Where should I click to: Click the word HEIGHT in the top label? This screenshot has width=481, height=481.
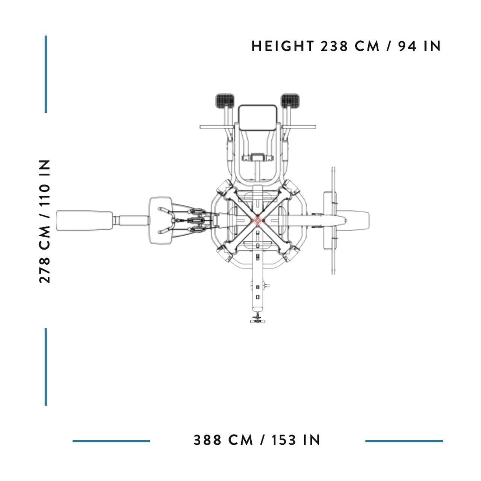coord(283,46)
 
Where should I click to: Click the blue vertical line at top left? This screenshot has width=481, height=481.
coord(46,74)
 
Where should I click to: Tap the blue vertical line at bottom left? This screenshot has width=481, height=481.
coord(46,367)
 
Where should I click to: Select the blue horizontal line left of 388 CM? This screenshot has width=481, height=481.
coord(111,441)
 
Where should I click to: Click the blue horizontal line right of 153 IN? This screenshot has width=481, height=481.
coord(404,441)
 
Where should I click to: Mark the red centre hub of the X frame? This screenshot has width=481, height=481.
coord(257,220)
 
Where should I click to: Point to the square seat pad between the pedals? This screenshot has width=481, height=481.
coord(258,118)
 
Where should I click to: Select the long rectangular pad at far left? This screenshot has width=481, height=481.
coord(84,221)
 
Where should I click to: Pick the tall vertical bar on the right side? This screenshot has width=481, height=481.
coord(333,221)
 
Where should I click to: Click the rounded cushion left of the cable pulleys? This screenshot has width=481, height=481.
coord(160,221)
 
